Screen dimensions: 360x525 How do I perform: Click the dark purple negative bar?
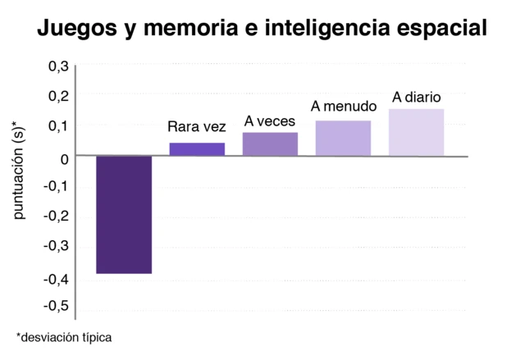click(124, 214)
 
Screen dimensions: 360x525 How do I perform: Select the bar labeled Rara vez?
click(197, 149)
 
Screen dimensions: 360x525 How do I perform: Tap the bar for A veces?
click(270, 144)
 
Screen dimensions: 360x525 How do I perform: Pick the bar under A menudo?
click(343, 138)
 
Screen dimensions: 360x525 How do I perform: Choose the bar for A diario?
click(417, 132)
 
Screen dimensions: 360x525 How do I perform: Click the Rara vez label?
click(196, 127)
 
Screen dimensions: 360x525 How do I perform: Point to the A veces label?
click(270, 121)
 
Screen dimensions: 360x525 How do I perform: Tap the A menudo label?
click(343, 107)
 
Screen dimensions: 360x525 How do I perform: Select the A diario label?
click(417, 98)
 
